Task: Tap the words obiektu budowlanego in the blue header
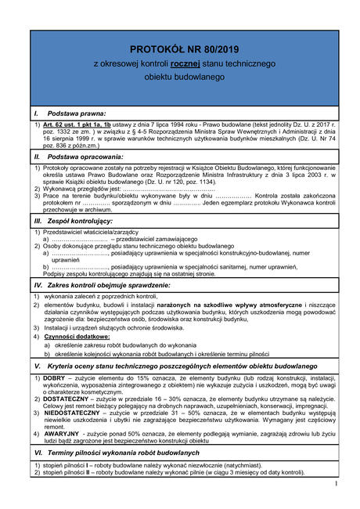(179, 78)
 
